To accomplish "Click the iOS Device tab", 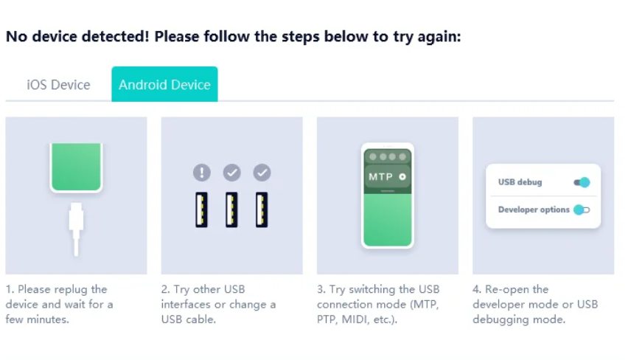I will [x=58, y=85].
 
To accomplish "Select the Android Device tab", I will [x=164, y=85].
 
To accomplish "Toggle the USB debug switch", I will [x=582, y=182].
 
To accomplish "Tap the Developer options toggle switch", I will [x=582, y=210].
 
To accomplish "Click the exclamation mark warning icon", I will [x=202, y=173].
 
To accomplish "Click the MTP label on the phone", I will [x=381, y=177].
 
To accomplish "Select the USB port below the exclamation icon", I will [x=202, y=210].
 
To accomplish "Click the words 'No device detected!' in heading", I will [x=78, y=36].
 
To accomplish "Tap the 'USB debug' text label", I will [x=520, y=182].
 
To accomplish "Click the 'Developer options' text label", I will [x=533, y=210].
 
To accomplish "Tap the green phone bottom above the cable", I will [x=76, y=167].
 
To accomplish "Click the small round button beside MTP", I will [x=402, y=177].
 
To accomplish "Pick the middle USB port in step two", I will [x=231, y=210].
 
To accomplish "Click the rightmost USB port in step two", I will [x=262, y=210].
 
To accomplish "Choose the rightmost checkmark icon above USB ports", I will [x=262, y=173].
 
